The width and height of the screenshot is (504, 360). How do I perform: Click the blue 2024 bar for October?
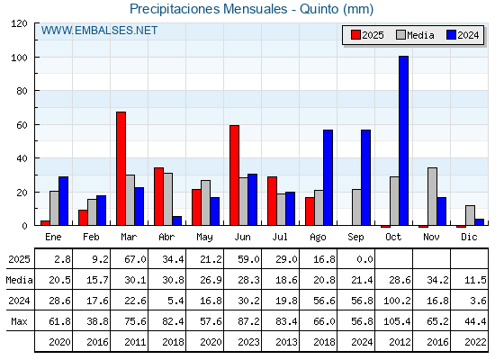point(403,140)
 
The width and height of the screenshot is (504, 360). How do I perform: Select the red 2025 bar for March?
point(121,168)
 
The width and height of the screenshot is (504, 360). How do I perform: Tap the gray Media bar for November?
point(432,196)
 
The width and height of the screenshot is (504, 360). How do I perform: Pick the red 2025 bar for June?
point(234,175)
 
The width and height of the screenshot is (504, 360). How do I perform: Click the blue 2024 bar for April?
point(176,220)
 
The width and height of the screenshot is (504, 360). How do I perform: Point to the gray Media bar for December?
point(470,215)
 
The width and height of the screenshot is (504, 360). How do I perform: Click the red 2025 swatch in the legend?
point(355,35)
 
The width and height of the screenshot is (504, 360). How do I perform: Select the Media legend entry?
point(415,35)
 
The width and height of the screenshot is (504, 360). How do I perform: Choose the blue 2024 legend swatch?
point(451,35)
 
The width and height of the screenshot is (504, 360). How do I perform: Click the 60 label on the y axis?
point(22,125)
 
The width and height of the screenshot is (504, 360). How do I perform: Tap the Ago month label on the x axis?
point(318,238)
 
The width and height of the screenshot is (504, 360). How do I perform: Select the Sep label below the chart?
point(355,238)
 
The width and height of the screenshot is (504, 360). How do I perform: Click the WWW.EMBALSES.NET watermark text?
point(99,31)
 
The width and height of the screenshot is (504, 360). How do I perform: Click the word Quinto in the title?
point(319,9)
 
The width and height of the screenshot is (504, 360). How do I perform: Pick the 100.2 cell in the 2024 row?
point(397,301)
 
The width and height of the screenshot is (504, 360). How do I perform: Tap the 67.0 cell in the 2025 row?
point(135,259)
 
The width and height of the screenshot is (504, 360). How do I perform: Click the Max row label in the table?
point(19,321)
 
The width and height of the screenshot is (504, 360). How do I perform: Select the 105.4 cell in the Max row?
point(397,321)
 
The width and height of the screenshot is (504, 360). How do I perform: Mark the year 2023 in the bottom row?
point(248,342)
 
